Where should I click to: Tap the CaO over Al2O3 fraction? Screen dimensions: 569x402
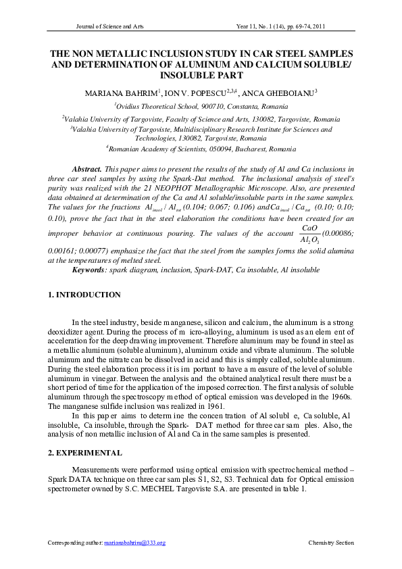pos(311,232)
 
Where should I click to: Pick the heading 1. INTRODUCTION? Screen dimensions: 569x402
pos(85,295)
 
